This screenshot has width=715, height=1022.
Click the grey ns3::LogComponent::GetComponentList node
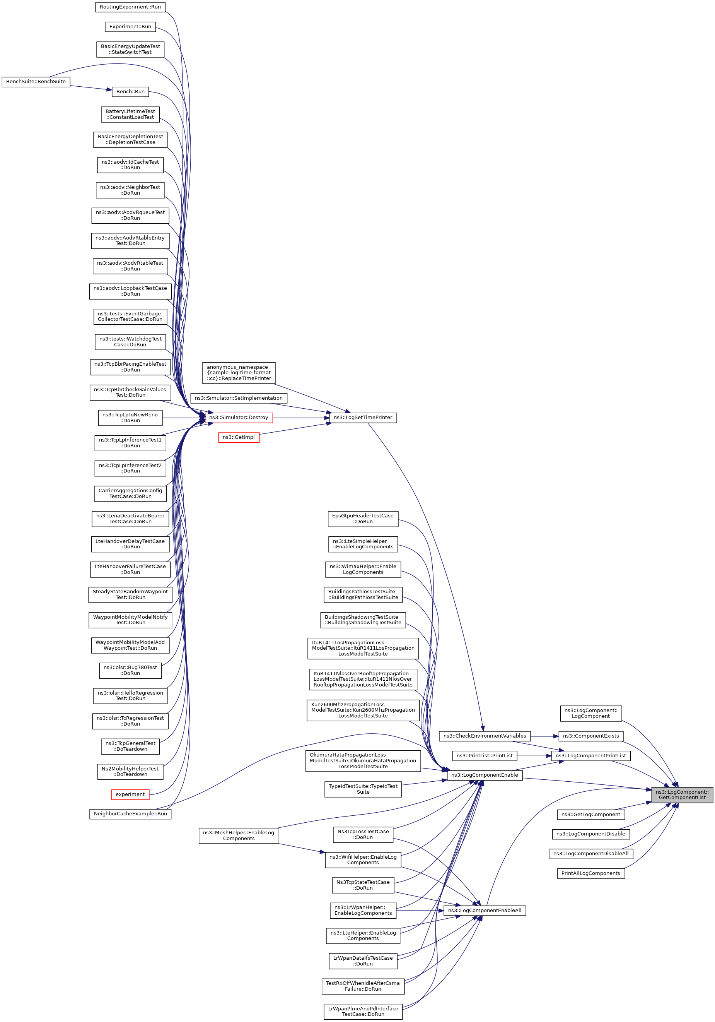click(x=682, y=794)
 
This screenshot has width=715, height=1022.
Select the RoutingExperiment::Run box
click(x=130, y=7)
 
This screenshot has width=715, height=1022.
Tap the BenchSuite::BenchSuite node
click(x=36, y=82)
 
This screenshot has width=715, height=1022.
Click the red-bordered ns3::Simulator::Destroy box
click(x=239, y=418)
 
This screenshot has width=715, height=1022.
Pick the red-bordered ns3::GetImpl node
click(x=239, y=438)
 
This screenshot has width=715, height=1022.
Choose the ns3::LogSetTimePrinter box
click(x=363, y=418)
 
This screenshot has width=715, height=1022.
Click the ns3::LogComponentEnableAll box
click(x=485, y=910)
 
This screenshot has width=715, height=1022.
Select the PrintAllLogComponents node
click(x=590, y=873)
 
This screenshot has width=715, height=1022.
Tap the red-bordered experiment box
click(x=130, y=794)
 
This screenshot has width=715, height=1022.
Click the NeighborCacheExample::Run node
click(x=130, y=814)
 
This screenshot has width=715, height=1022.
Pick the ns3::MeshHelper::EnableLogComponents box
click(x=239, y=835)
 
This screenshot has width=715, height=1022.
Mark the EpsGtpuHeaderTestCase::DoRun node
click(x=363, y=519)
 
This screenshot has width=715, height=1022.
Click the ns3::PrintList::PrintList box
click(x=485, y=755)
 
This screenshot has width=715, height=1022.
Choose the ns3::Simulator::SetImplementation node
click(x=239, y=398)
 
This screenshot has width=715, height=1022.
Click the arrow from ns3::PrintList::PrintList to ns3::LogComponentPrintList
click(x=534, y=755)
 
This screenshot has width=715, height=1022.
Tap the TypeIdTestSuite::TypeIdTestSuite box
click(x=363, y=789)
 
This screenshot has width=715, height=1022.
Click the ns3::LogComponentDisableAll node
click(x=590, y=853)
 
